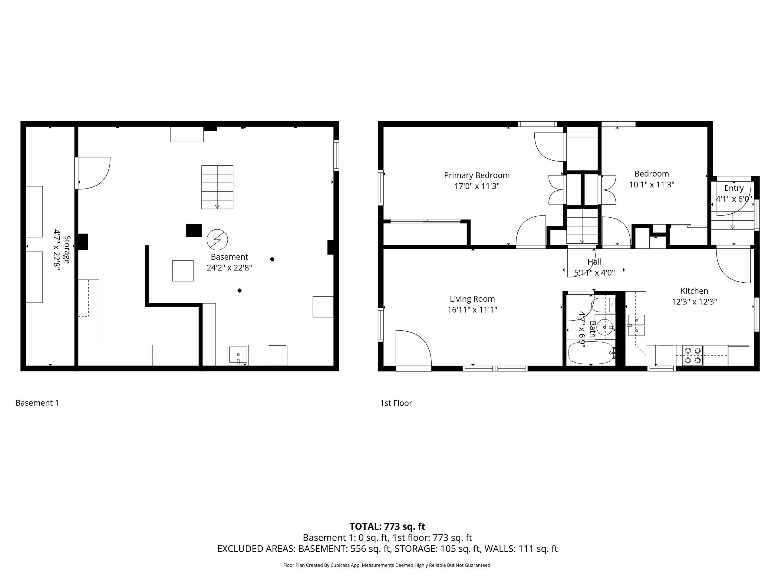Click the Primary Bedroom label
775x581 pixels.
[477, 175]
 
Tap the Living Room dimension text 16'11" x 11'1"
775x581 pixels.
[472, 310]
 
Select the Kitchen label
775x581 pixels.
[694, 291]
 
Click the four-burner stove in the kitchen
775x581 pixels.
[693, 355]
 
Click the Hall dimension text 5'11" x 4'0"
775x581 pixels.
[594, 272]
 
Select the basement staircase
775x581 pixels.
[217, 187]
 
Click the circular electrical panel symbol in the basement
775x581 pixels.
[217, 240]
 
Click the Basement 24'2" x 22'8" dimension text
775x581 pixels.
[229, 268]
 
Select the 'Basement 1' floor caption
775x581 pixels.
[37, 403]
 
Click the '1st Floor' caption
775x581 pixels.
[396, 403]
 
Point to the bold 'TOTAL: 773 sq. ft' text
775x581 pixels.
[387, 526]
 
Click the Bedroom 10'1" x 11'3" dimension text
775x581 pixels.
[652, 185]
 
